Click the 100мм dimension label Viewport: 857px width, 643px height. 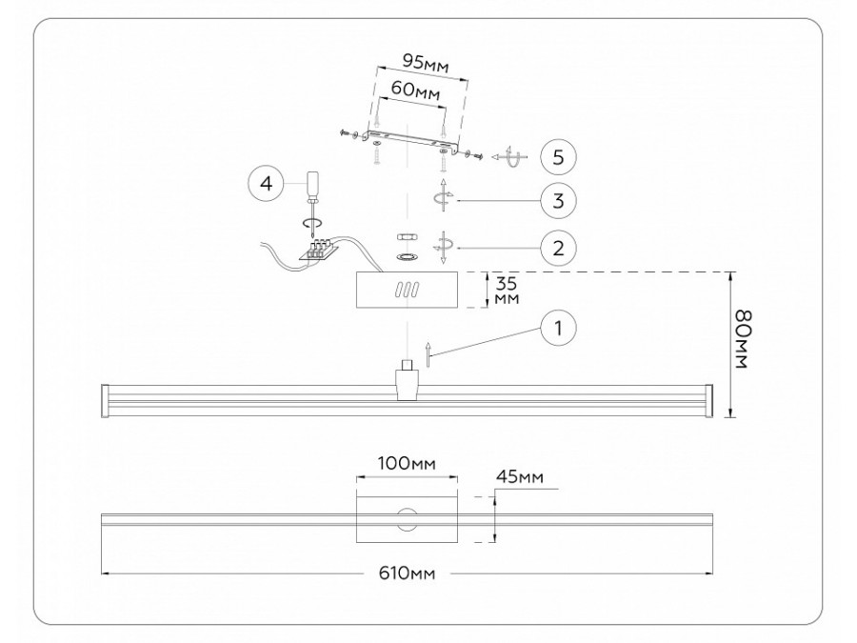pyautogui.click(x=407, y=464)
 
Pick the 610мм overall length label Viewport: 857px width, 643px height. pyautogui.click(x=407, y=573)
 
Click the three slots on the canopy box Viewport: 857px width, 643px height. pyautogui.click(x=407, y=290)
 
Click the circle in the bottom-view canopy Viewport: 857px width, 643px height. pyautogui.click(x=408, y=519)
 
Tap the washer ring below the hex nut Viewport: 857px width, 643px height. pyautogui.click(x=407, y=257)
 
